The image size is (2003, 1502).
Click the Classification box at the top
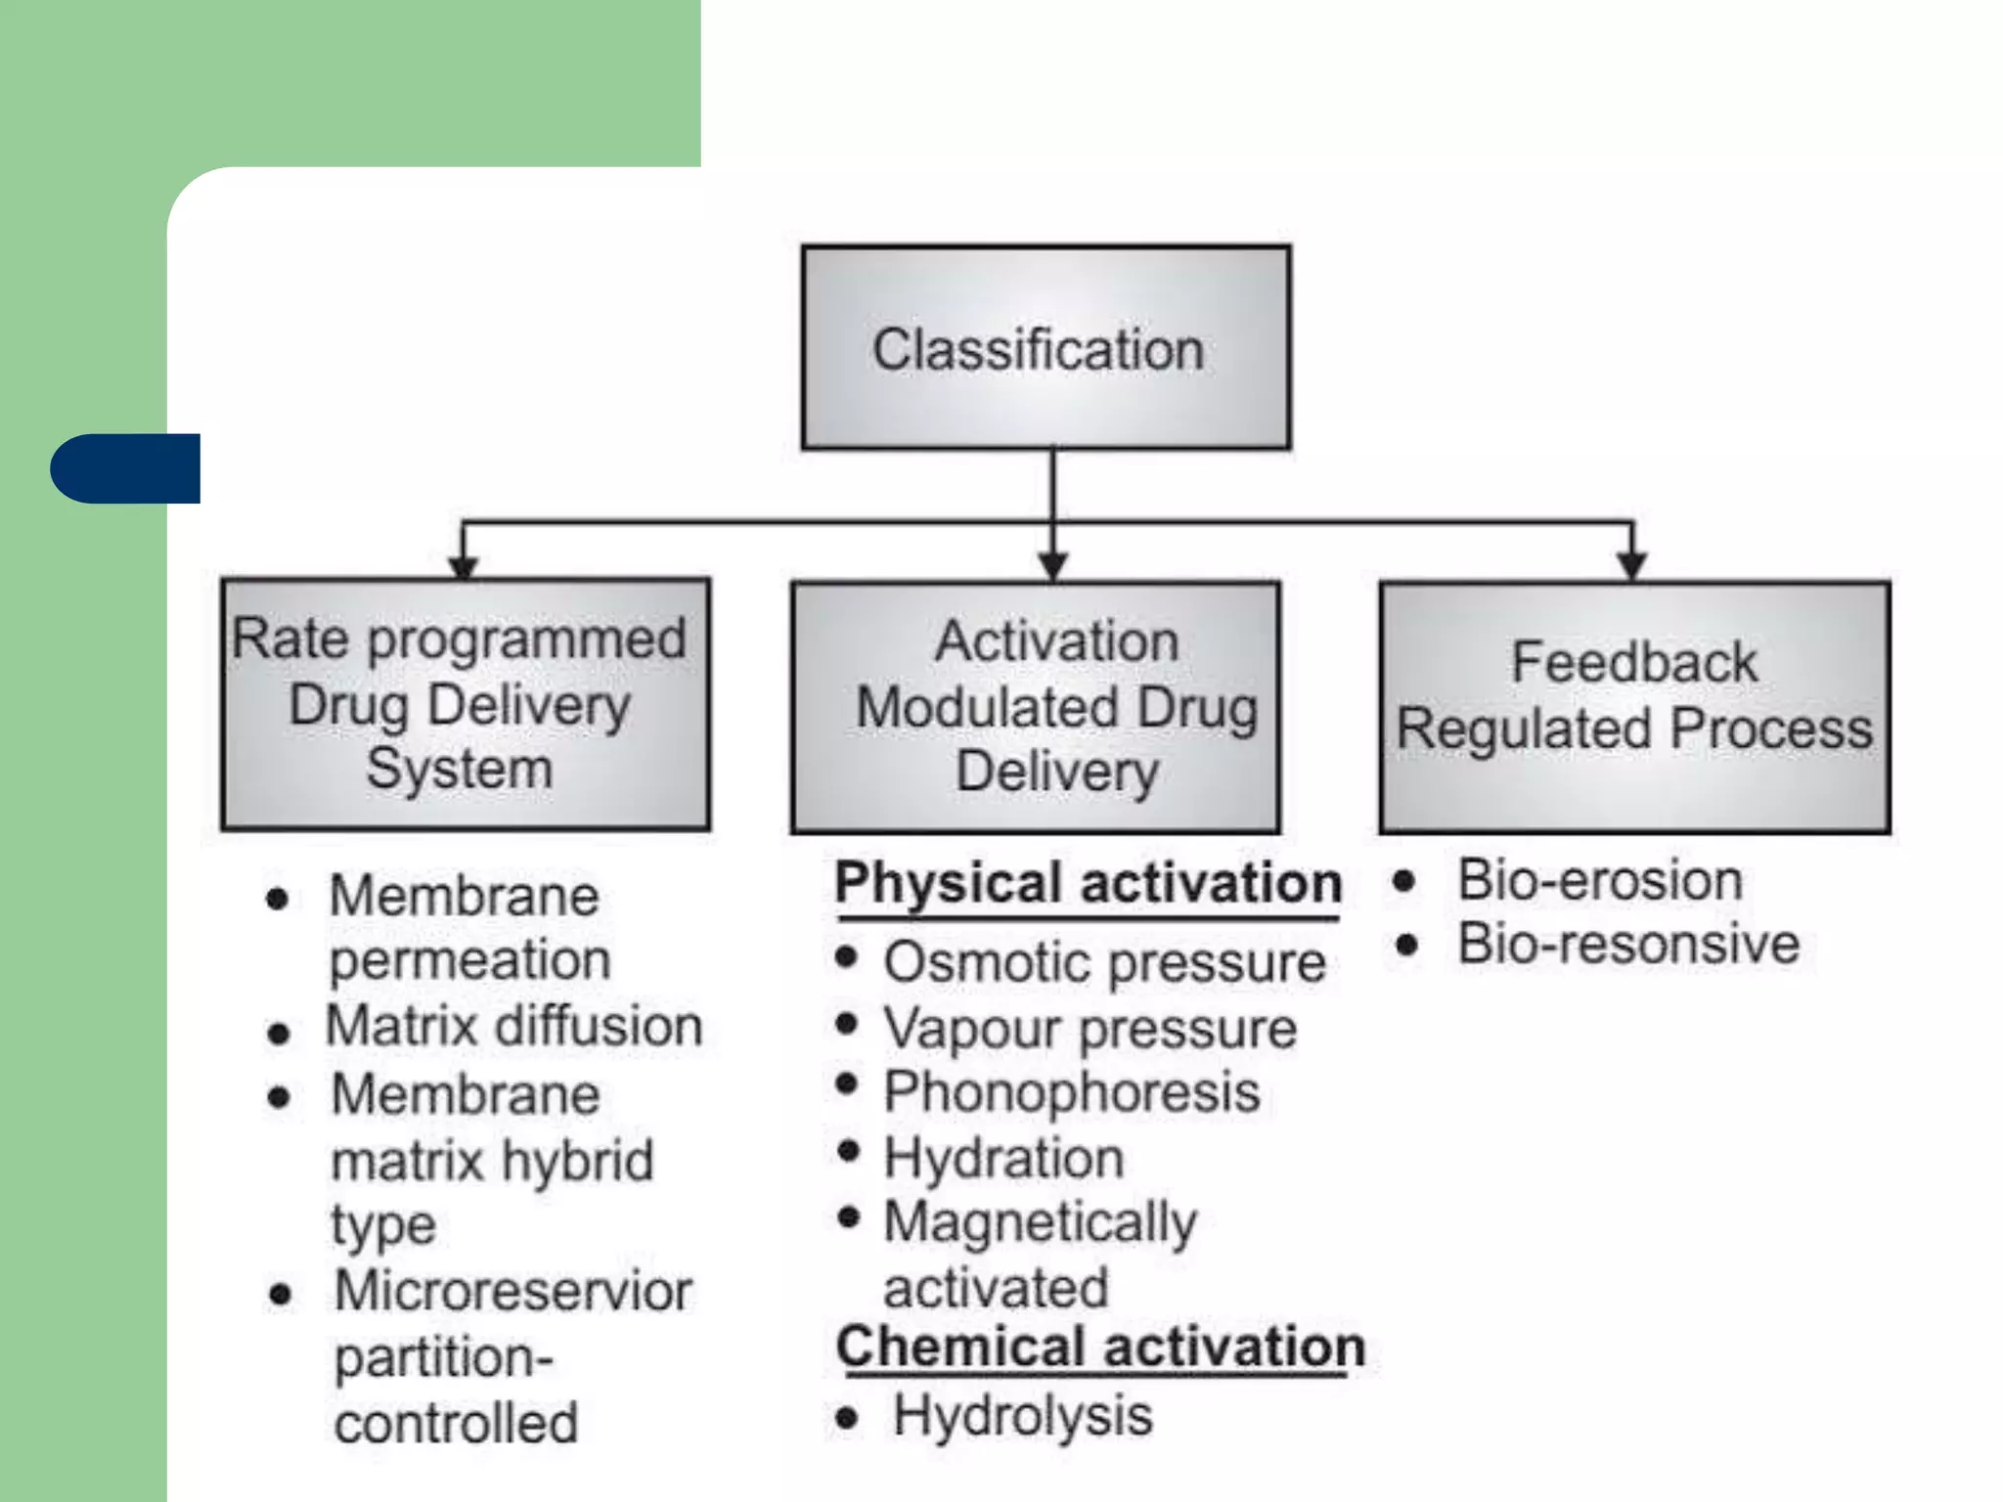[1046, 348]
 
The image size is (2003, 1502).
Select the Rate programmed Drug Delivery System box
[466, 704]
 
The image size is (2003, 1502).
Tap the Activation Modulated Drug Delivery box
[1036, 707]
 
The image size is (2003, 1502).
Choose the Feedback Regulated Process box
[1634, 707]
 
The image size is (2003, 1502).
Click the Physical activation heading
[1088, 884]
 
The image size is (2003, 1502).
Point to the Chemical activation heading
[1100, 1347]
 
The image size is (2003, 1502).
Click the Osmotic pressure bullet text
[1104, 962]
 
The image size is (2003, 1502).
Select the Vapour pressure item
[1090, 1029]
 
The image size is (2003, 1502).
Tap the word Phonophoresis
[1072, 1092]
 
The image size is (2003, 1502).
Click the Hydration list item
[1003, 1159]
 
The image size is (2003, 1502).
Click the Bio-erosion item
[1600, 880]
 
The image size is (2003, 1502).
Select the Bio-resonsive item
[1628, 945]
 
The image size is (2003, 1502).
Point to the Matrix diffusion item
[513, 1027]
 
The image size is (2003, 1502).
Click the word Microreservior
[512, 1291]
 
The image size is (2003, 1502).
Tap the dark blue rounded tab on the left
[125, 468]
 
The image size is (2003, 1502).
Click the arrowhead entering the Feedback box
[1631, 565]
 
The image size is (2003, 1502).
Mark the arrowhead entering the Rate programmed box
[463, 567]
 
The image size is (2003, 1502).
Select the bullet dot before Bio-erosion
[1404, 881]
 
